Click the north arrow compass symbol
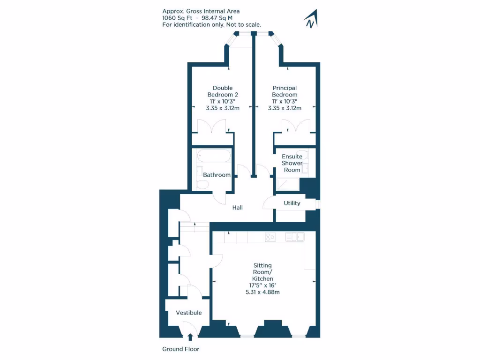coord(311,19)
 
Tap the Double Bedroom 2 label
coord(223,91)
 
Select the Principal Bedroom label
coord(285,91)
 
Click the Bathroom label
coord(217,175)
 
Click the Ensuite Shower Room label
coord(292,163)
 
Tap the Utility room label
coord(292,203)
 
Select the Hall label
coord(238,207)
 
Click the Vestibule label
coord(189,313)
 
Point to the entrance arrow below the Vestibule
coord(190,336)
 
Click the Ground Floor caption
coord(180,349)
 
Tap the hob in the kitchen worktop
coord(270,237)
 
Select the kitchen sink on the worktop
coord(295,237)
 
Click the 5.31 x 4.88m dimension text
coord(262,292)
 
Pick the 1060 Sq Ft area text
coord(175,18)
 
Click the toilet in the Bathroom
coord(202,185)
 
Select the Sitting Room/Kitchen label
coord(262,272)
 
